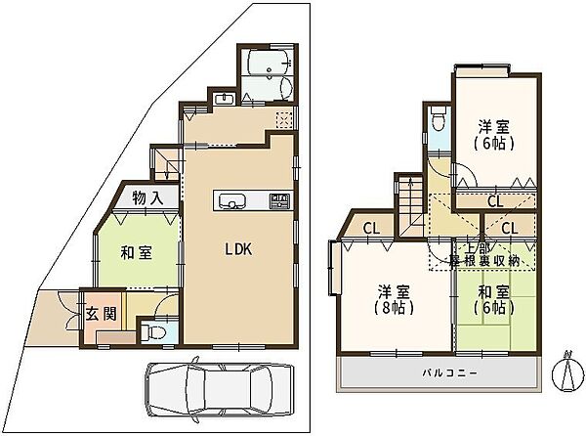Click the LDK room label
tap(238, 249)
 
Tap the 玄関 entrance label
tap(102, 314)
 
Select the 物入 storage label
tap(148, 198)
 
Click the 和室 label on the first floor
tap(137, 253)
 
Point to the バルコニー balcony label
tap(449, 372)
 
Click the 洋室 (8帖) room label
tap(394, 299)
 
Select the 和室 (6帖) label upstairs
tap(493, 299)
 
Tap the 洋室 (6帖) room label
tap(494, 135)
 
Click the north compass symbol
tap(567, 371)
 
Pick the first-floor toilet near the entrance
tap(154, 331)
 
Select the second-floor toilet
tap(437, 118)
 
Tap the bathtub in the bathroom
tap(270, 63)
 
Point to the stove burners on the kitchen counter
tap(279, 200)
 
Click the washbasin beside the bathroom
tap(225, 100)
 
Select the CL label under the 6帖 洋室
tap(495, 202)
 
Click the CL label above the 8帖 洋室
tap(371, 228)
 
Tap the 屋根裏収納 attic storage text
tap(485, 261)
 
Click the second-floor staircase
tap(410, 206)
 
